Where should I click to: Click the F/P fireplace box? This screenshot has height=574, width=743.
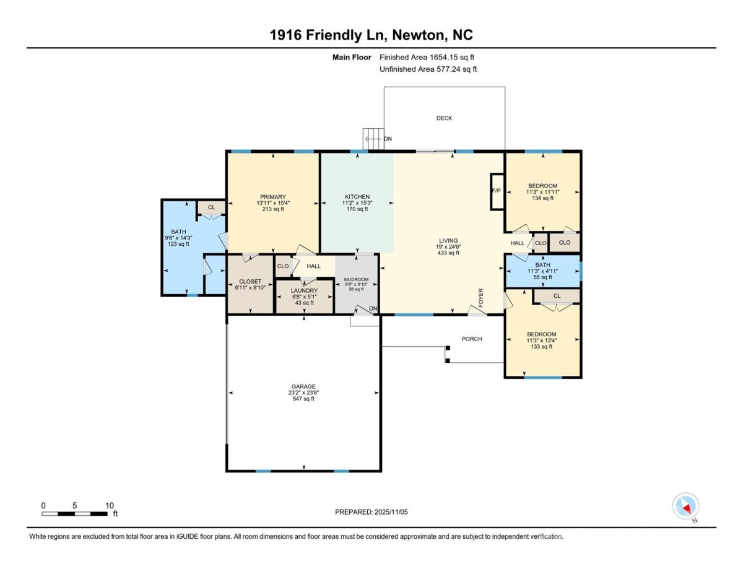(497, 191)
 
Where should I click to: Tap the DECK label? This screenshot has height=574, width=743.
(444, 118)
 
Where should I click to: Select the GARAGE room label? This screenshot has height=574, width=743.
(303, 386)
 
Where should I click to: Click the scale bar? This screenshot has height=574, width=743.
(74, 513)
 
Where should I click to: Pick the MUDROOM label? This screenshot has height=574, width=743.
(356, 279)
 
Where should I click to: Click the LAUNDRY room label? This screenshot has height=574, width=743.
(304, 290)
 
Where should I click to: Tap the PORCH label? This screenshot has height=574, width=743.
(472, 339)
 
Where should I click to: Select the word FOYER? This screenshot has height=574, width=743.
(480, 298)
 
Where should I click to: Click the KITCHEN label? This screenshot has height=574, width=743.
(357, 196)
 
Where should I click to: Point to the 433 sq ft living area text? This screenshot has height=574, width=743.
(448, 253)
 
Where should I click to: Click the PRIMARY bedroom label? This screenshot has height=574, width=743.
(273, 196)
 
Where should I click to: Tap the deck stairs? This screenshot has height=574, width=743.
(373, 139)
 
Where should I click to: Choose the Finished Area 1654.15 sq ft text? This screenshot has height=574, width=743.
(427, 58)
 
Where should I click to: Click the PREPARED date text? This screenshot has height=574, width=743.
(371, 512)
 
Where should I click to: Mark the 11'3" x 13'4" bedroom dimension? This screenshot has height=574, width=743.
(542, 341)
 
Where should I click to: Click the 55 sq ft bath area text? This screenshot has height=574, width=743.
(542, 277)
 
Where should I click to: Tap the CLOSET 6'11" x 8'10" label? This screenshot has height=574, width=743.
(250, 284)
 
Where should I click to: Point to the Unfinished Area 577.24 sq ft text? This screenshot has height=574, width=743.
(428, 69)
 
